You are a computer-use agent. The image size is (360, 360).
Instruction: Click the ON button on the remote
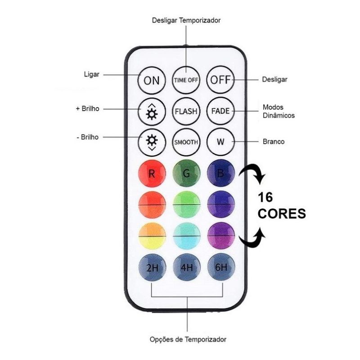point(152,81)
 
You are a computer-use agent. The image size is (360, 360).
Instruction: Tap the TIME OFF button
point(186,81)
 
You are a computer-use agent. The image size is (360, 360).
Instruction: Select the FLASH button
point(186,111)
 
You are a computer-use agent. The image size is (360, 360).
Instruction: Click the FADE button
point(220,111)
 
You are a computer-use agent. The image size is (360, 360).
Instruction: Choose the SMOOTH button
point(186,142)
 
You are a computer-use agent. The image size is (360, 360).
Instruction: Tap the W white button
point(220,142)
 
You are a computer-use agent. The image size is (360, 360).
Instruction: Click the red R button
point(152,174)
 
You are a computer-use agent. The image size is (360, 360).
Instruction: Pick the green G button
point(186,174)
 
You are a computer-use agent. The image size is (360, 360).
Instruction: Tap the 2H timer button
point(152,268)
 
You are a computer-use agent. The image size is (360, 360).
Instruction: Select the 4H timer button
point(186,268)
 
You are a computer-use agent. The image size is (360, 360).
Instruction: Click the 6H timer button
point(221,268)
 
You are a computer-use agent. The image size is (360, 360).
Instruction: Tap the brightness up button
point(152,111)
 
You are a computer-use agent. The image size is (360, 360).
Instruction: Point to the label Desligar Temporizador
point(186,20)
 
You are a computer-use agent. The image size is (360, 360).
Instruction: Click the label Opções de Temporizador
point(188,339)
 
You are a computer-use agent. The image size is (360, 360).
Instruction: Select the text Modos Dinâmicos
point(278,112)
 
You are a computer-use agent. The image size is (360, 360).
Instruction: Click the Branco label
point(273,141)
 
